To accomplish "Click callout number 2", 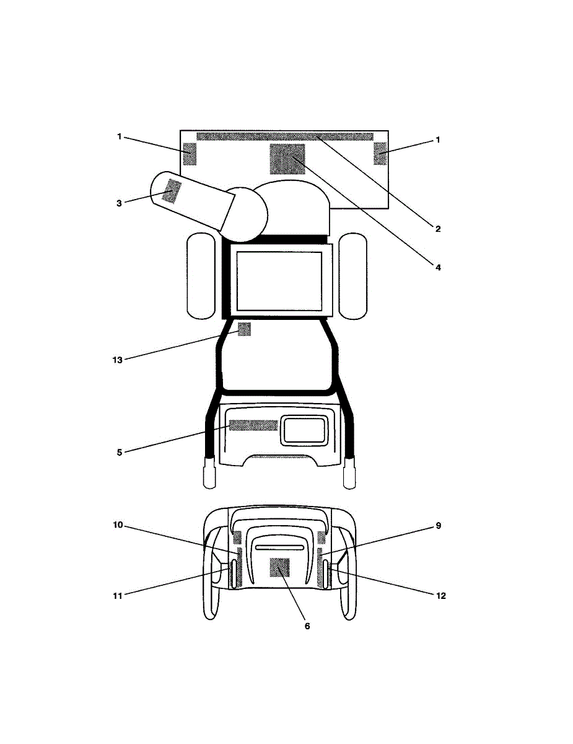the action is (438, 229).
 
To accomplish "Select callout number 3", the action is (119, 203).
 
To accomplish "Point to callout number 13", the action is (117, 360).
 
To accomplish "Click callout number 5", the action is (120, 452).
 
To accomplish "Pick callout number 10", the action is (118, 525).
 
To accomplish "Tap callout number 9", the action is (439, 526).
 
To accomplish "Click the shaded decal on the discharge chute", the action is (172, 192).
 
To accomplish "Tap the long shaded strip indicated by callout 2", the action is (285, 136).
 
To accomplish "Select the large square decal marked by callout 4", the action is (287, 159).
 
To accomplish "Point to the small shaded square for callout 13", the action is (244, 329).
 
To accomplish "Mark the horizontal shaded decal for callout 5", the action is (253, 425).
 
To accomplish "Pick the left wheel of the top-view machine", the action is (201, 276).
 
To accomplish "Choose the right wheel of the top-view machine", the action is (353, 276).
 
